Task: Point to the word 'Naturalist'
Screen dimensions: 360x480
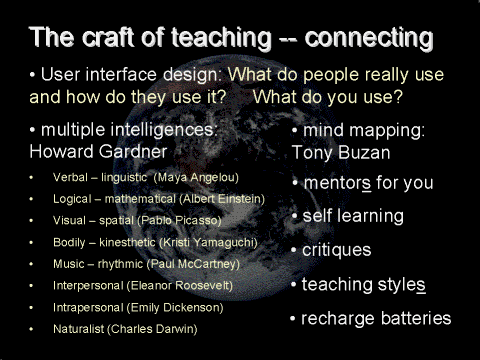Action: (80, 328)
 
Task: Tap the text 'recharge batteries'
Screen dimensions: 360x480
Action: (377, 319)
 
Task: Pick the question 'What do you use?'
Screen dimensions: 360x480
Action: (329, 98)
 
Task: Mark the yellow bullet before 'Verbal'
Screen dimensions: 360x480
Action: (32, 178)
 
